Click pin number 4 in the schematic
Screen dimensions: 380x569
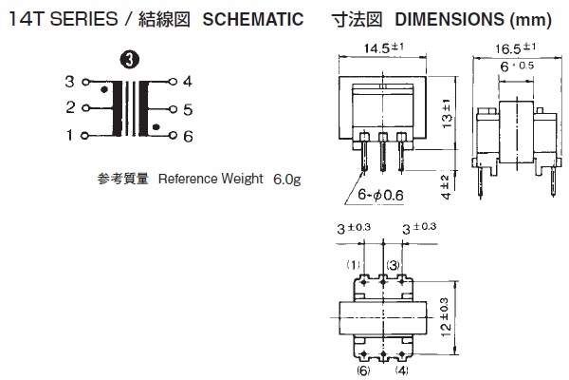(188, 82)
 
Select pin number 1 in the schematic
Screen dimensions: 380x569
(69, 136)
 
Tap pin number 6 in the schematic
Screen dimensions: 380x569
(188, 136)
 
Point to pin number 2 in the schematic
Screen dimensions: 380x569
(69, 108)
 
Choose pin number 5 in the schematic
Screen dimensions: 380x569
(188, 109)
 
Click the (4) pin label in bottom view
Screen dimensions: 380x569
(402, 370)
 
